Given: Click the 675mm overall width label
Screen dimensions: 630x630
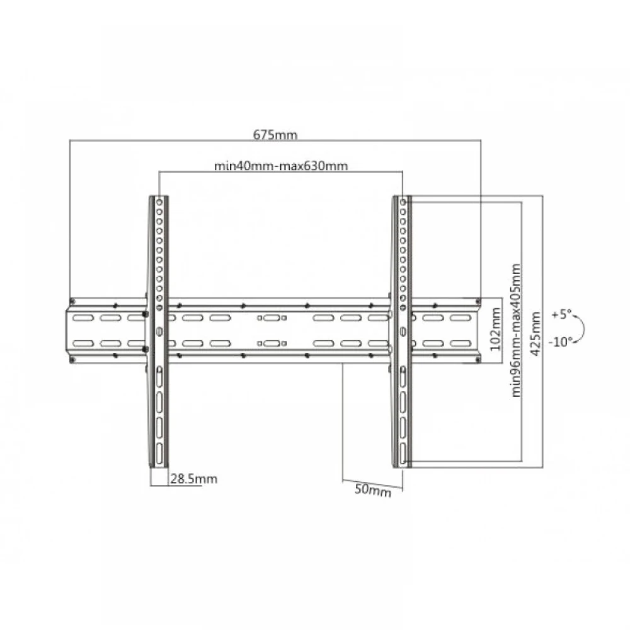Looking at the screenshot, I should tap(275, 134).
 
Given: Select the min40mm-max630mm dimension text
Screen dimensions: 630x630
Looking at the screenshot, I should tap(281, 166).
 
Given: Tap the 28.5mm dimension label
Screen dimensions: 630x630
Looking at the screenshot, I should tap(193, 479).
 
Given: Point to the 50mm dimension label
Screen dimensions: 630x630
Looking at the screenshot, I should tap(373, 491).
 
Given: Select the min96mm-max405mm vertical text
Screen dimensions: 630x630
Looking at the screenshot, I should tap(517, 329).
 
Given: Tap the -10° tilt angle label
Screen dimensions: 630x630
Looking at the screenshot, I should tap(561, 341).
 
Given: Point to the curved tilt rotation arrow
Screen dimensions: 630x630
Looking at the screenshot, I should tap(583, 328).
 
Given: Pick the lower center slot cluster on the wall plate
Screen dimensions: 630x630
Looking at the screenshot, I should tap(272, 343).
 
